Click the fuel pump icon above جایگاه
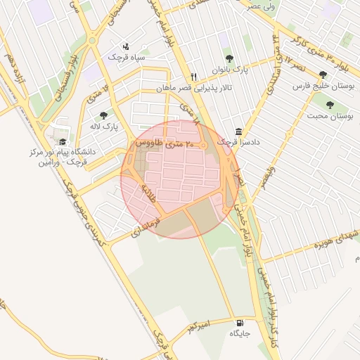pyautogui.click(x=242, y=323)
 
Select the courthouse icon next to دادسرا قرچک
pyautogui.click(x=239, y=131)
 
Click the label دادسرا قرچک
pyautogui.click(x=238, y=142)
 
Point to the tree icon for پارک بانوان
pyautogui.click(x=229, y=58)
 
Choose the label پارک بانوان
pyautogui.click(x=231, y=69)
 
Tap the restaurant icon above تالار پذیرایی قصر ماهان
pyautogui.click(x=193, y=77)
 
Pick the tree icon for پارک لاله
pyautogui.click(x=103, y=115)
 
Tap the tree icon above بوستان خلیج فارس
pyautogui.click(x=323, y=75)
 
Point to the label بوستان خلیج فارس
pyautogui.click(x=323, y=86)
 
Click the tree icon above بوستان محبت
pyautogui.click(x=330, y=104)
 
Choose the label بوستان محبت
pyautogui.click(x=330, y=115)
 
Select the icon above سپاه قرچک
pyautogui.click(x=126, y=46)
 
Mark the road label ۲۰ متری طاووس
pyautogui.click(x=158, y=143)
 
